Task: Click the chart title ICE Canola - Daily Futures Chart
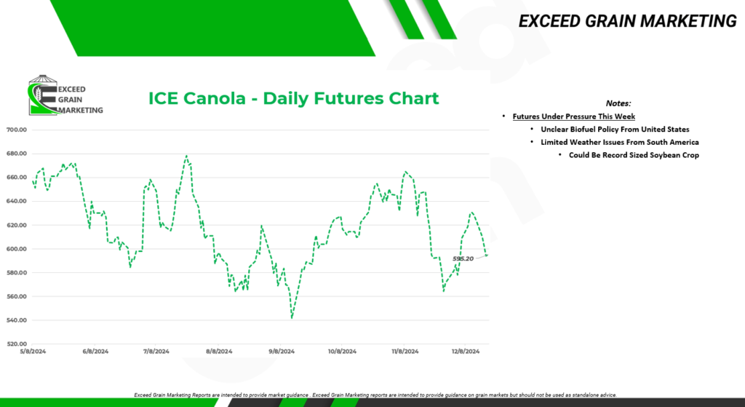tap(294, 98)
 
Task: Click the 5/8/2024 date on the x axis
tap(32, 352)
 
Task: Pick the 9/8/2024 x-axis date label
tap(282, 352)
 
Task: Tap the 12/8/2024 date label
tap(465, 352)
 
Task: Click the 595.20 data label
tap(463, 258)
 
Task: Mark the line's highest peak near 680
tap(186, 156)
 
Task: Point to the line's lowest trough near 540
tap(292, 318)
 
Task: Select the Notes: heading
tap(618, 103)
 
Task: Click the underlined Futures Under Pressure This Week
tap(574, 116)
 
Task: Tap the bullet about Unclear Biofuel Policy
tap(615, 130)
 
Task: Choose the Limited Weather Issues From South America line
tap(620, 142)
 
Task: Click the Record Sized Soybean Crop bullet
tap(634, 155)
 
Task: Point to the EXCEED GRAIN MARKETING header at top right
tap(627, 21)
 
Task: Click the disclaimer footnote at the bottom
tap(375, 395)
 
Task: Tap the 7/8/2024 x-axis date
tap(156, 352)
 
